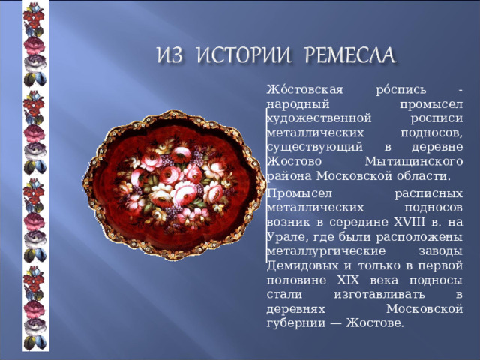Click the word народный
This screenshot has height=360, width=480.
(x=294, y=103)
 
